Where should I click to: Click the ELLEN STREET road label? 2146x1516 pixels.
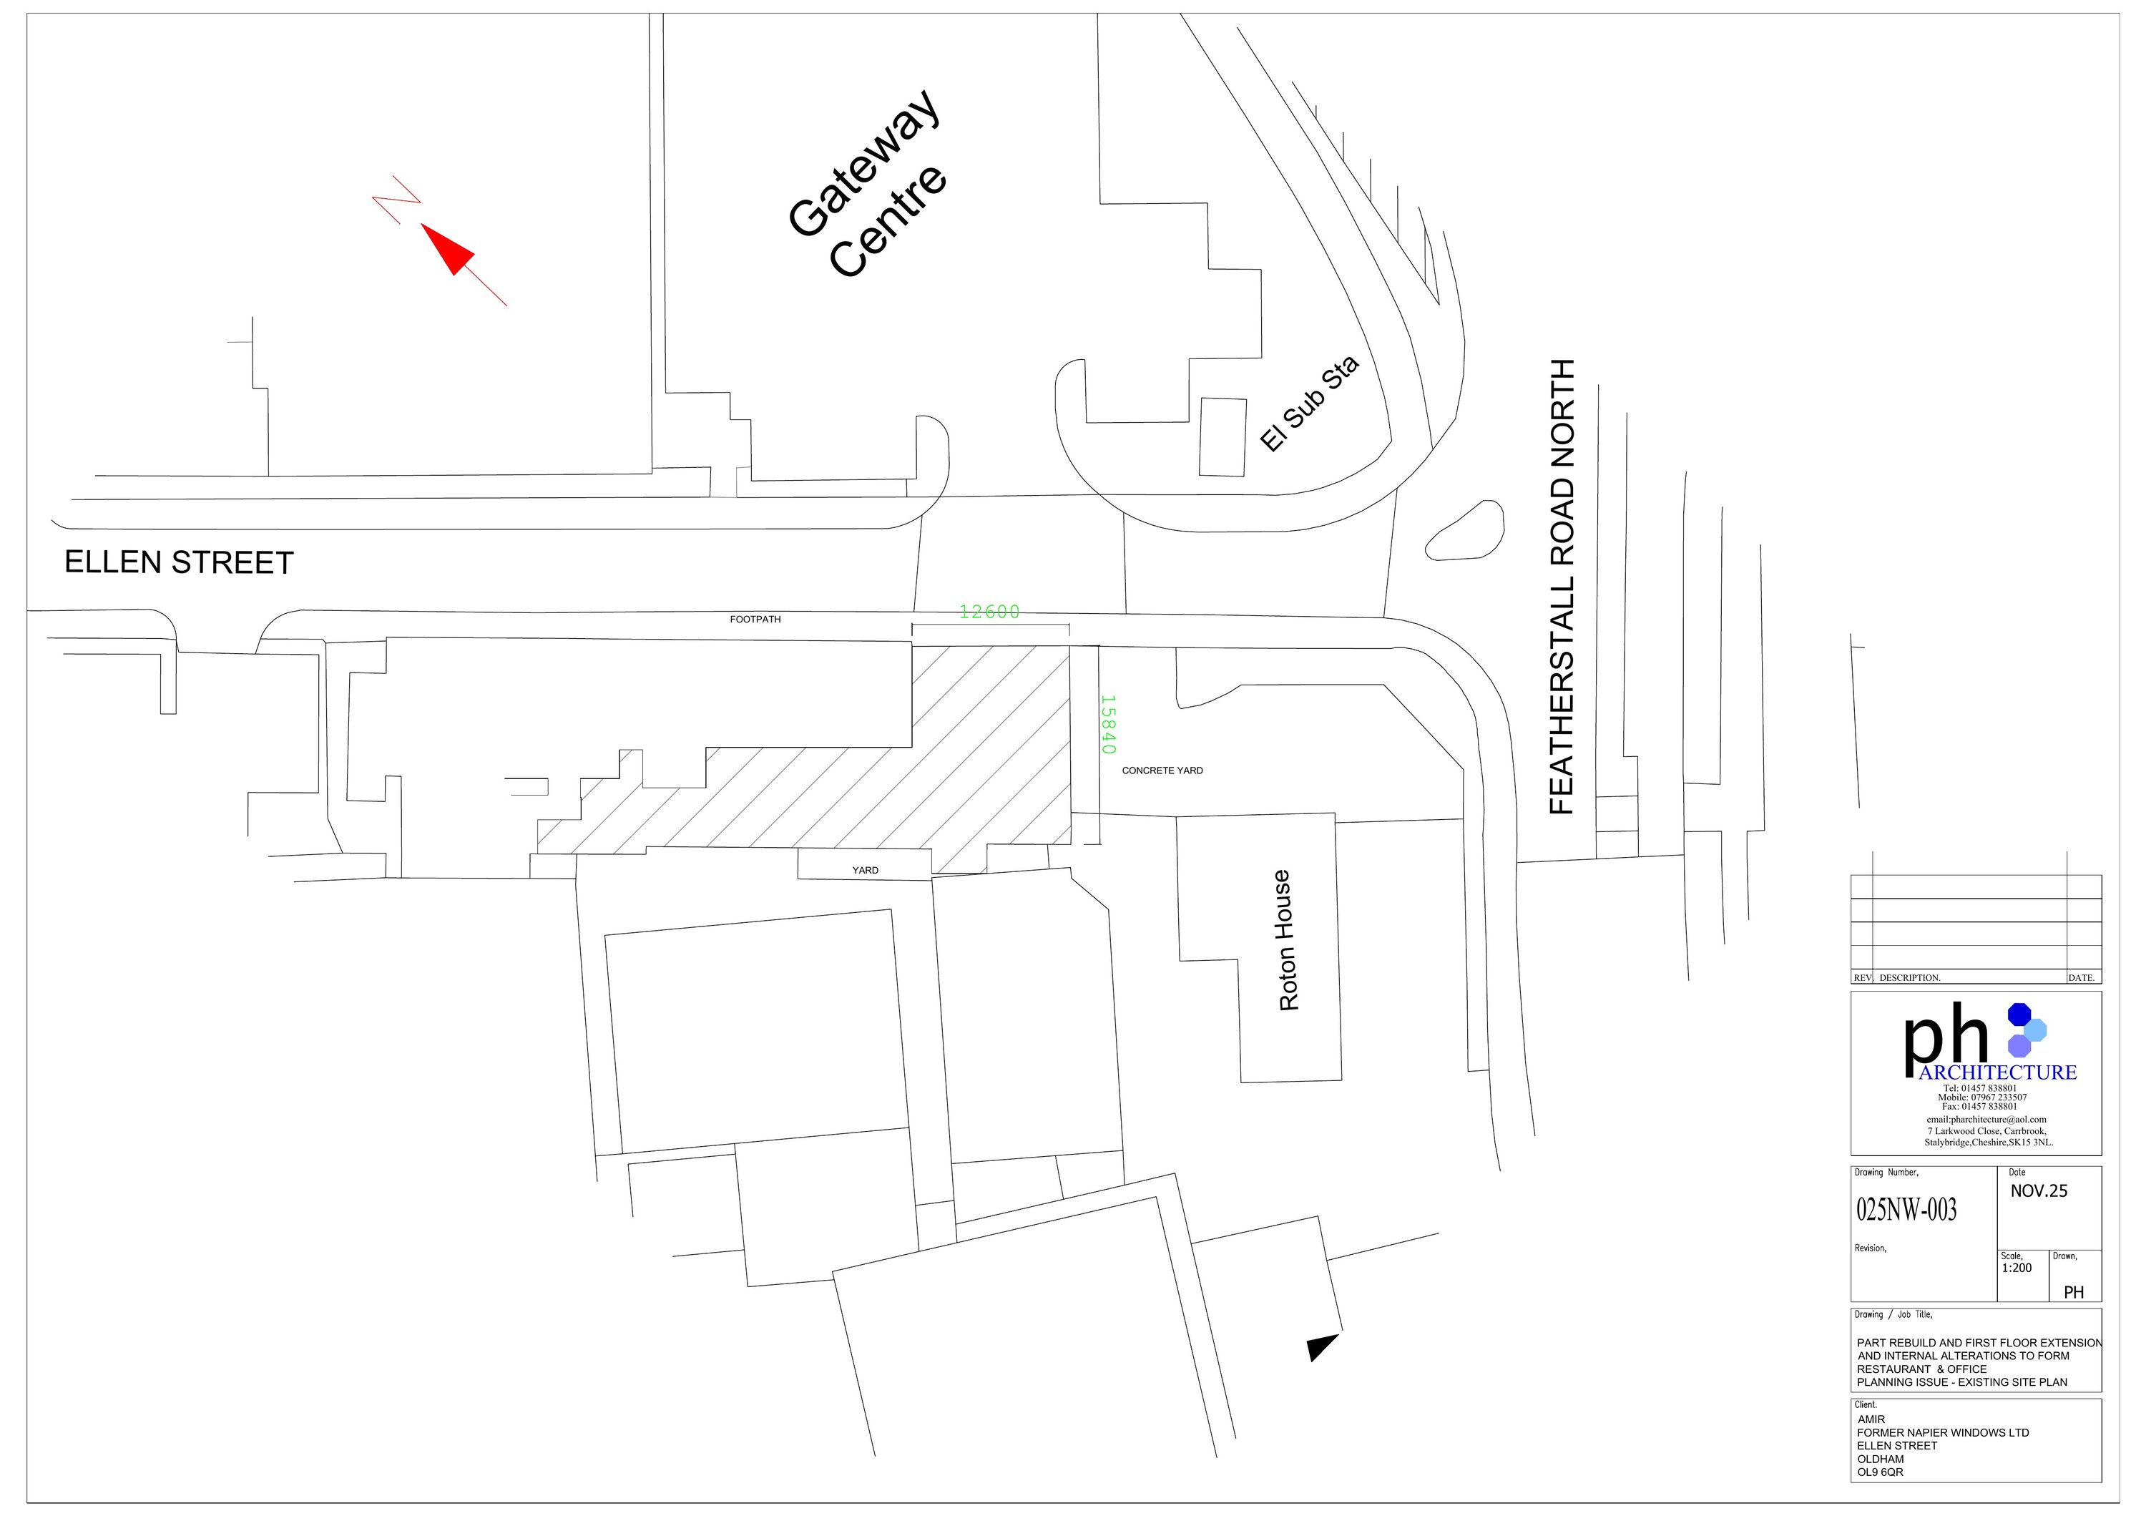click(179, 562)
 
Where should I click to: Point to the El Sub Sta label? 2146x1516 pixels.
click(1308, 404)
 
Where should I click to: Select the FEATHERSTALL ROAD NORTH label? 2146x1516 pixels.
click(1562, 587)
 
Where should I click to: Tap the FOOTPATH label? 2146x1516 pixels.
click(755, 620)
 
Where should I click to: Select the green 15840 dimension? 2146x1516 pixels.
click(1107, 724)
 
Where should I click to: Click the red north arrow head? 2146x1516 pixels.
click(449, 249)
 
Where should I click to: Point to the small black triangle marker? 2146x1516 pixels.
click(1322, 1347)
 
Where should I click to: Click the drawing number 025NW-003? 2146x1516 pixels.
click(1906, 1211)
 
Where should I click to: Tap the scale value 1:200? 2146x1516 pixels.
click(2017, 1268)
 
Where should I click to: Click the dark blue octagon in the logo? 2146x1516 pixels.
click(2020, 1013)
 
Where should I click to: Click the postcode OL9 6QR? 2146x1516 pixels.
click(1881, 1472)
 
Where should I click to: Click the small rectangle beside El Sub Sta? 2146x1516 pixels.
click(1223, 437)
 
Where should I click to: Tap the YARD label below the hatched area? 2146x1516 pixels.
click(866, 870)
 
